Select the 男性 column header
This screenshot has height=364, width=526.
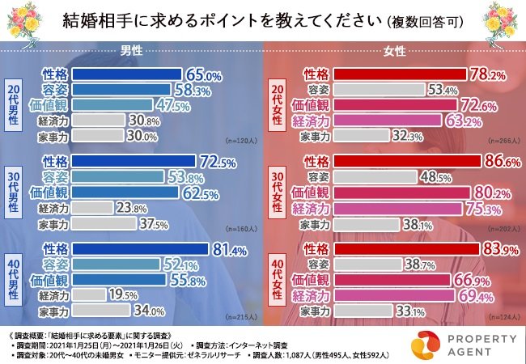[x=132, y=50]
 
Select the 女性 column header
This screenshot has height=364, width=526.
[x=394, y=50]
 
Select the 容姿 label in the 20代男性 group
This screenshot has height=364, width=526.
[x=54, y=91]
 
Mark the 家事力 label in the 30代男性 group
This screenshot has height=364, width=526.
[x=54, y=224]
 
